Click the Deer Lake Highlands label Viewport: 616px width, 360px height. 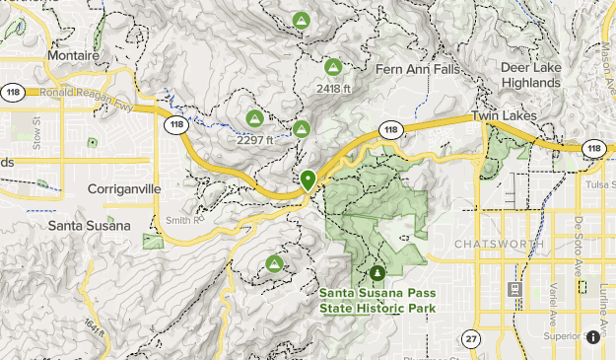[530, 75]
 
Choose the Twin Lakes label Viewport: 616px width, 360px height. [503, 116]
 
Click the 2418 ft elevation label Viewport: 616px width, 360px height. [333, 88]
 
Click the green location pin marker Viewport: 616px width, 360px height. [308, 180]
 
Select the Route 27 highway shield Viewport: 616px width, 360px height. [470, 338]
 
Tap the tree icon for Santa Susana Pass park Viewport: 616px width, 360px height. [376, 273]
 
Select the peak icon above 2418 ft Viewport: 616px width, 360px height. [333, 68]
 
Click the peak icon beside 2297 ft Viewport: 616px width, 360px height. [253, 119]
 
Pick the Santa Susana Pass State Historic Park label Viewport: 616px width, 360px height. [376, 300]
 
